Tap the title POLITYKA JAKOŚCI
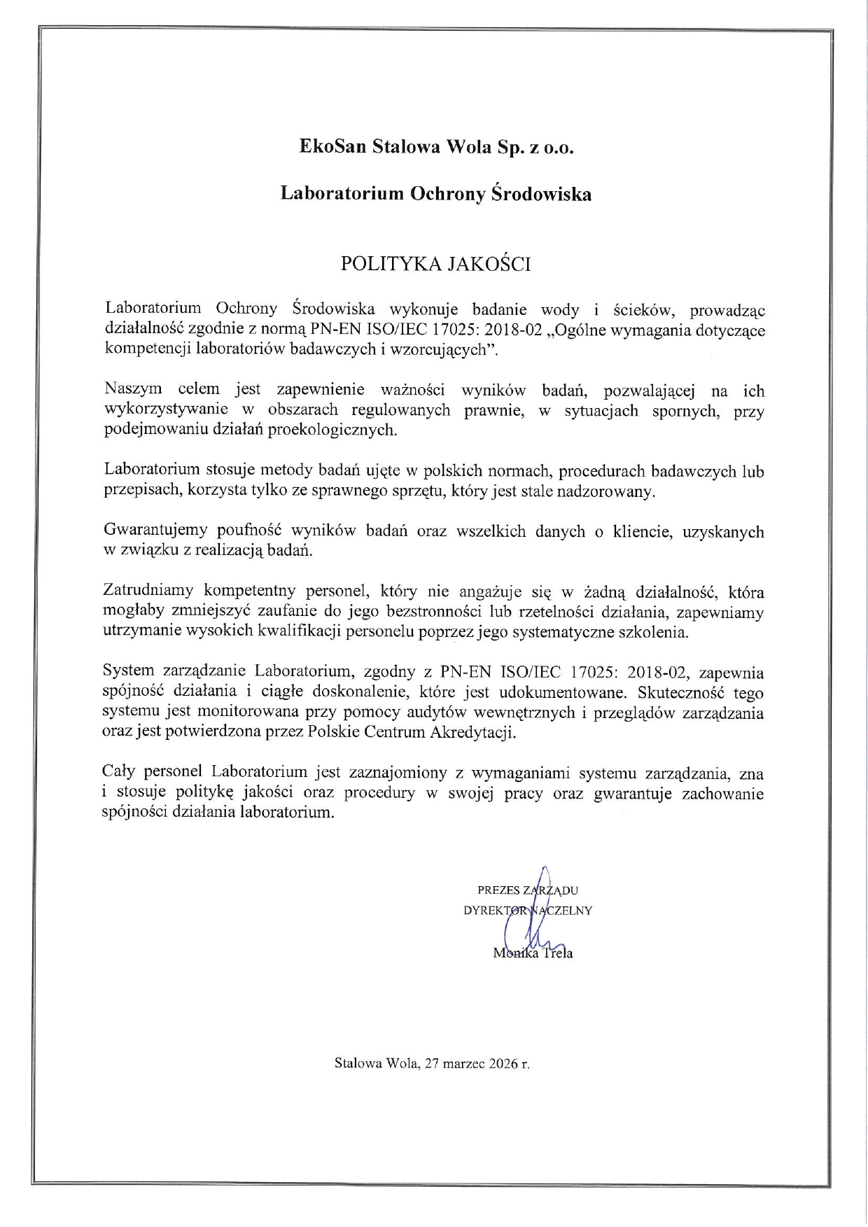(x=435, y=264)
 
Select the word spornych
(x=687, y=410)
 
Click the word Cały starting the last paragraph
(x=118, y=773)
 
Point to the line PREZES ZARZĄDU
(x=528, y=890)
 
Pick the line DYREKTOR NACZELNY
(x=528, y=911)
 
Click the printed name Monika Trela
(x=533, y=953)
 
